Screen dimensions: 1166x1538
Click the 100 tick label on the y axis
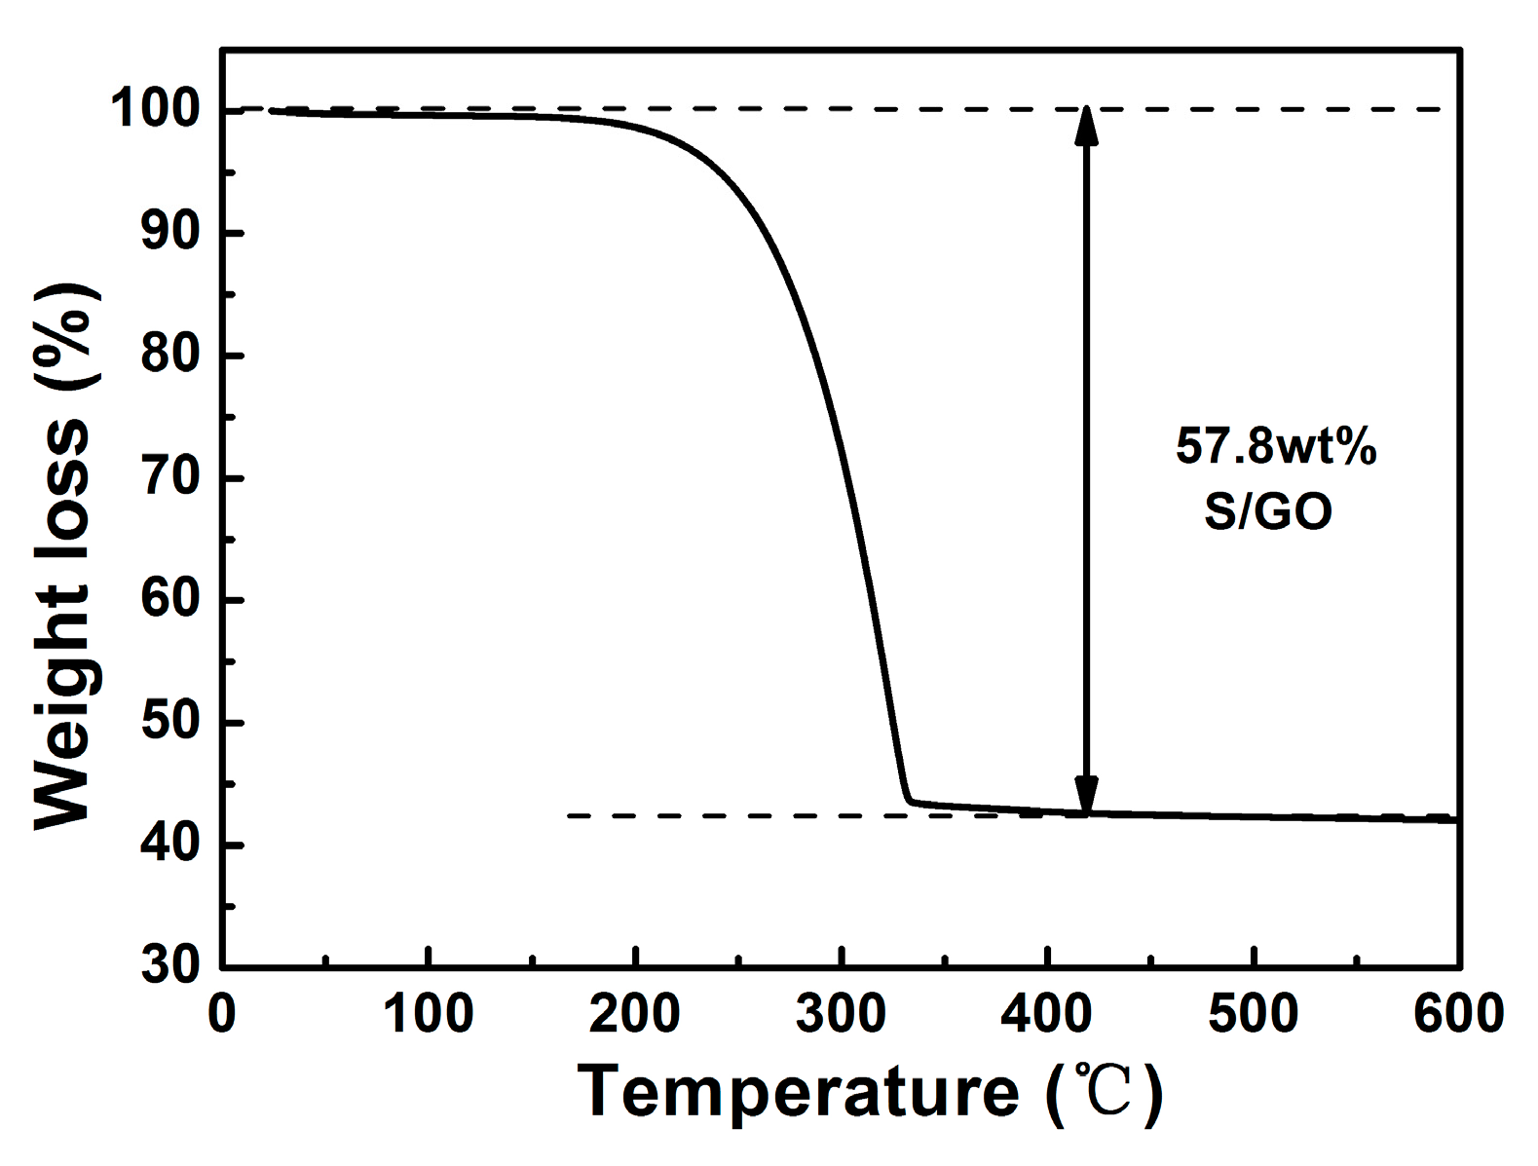coord(156,109)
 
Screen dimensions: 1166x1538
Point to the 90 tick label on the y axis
coord(171,232)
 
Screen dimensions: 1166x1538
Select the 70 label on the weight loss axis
coord(171,477)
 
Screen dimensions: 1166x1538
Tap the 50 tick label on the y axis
coord(171,722)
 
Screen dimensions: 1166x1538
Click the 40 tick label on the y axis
coord(171,845)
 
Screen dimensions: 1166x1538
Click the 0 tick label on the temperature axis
coord(222,1013)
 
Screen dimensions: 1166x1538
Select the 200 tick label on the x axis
coord(634,1013)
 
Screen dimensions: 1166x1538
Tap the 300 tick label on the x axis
coord(841,1013)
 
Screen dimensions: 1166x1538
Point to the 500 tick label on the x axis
coord(1253,1013)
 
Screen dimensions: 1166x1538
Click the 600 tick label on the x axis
coord(1458,1013)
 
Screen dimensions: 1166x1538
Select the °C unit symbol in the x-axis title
coord(1104,1091)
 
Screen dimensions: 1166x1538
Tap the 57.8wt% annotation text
coord(1275,446)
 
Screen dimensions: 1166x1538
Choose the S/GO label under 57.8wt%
coord(1267,510)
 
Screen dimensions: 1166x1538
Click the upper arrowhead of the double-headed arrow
coord(1086,125)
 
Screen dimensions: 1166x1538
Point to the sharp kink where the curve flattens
coord(909,802)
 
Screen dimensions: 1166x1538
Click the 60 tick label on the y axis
coord(171,599)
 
